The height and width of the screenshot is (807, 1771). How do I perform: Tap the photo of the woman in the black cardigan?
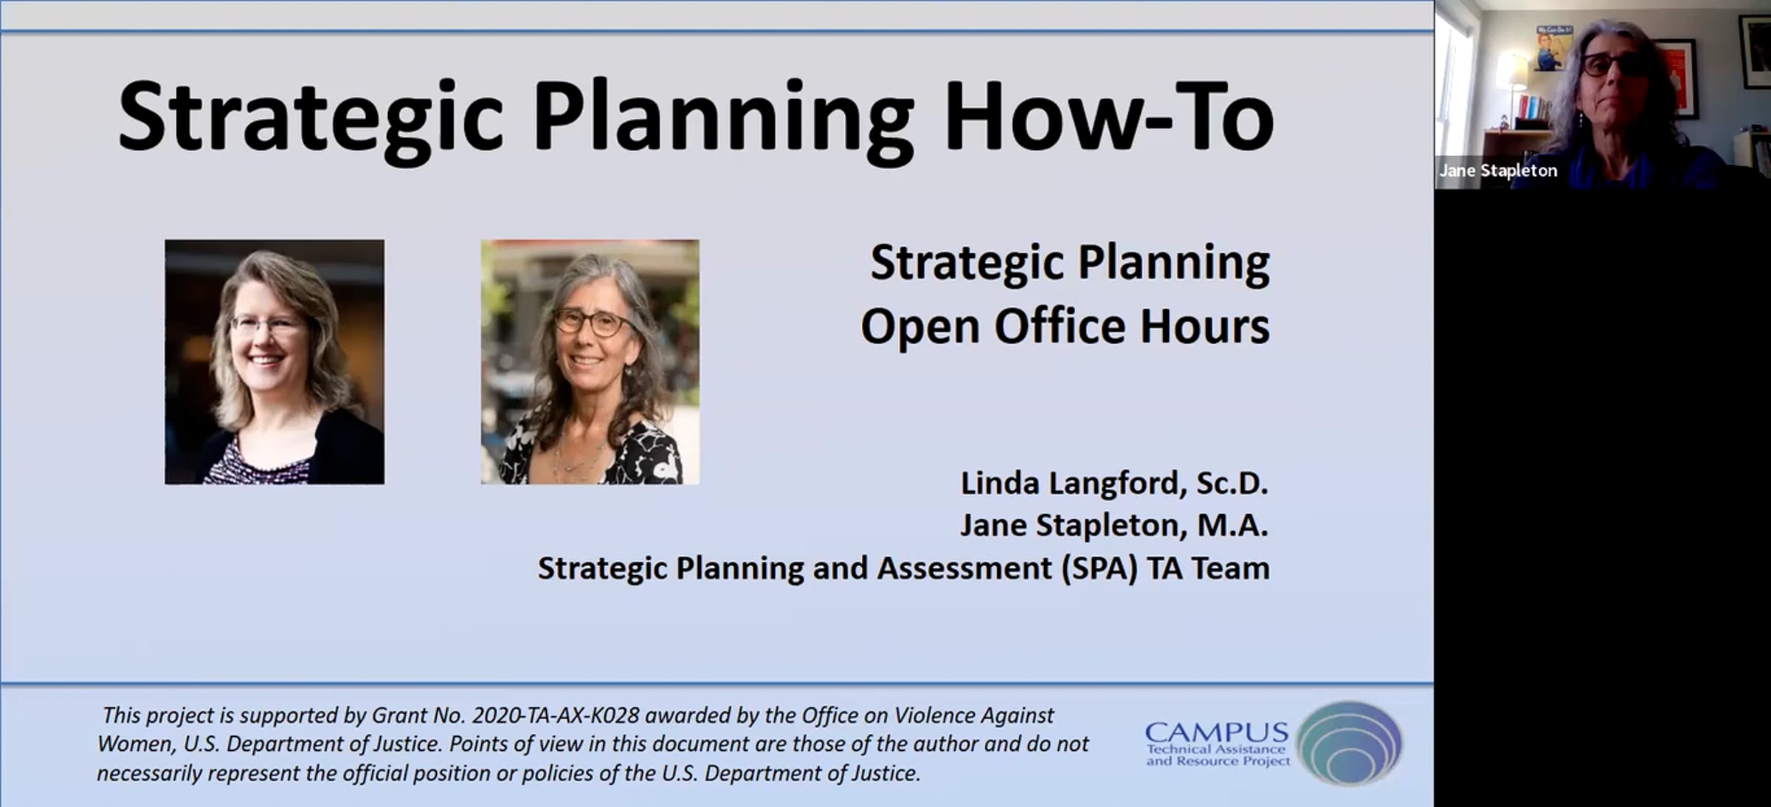click(275, 362)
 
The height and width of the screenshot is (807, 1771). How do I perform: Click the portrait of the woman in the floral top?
click(590, 362)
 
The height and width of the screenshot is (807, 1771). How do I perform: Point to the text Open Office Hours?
click(1065, 326)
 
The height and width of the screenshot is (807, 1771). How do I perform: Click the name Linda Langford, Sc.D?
click(1114, 484)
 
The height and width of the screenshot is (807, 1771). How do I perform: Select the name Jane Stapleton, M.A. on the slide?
click(1114, 526)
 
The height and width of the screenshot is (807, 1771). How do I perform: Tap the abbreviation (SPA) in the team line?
click(1099, 569)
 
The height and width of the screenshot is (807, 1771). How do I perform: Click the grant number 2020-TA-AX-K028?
click(556, 715)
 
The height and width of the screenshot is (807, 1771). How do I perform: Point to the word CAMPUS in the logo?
click(1217, 733)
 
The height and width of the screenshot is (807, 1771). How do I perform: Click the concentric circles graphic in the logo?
click(1349, 742)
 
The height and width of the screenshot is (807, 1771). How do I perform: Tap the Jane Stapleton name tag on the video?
click(1498, 171)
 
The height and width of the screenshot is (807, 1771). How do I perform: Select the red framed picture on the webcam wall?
click(1679, 78)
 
